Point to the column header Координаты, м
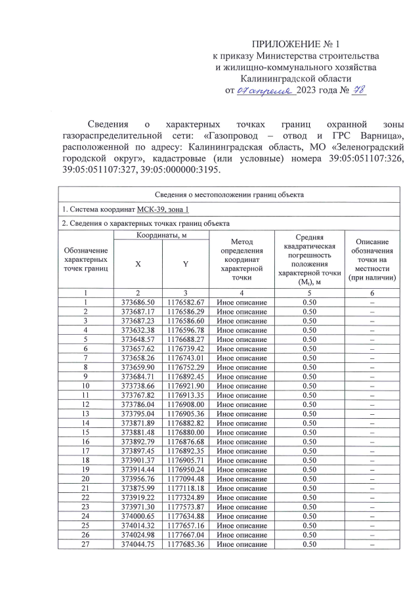tap(161, 236)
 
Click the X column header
tap(138, 263)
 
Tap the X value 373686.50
tap(138, 301)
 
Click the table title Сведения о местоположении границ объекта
tap(228, 195)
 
